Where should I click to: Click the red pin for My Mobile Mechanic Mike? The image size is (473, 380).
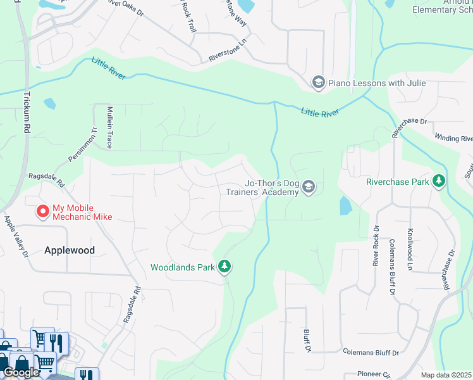(43, 212)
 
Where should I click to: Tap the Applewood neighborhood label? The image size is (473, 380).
(70, 250)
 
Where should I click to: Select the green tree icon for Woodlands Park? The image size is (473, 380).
(224, 267)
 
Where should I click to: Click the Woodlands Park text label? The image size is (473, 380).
(183, 267)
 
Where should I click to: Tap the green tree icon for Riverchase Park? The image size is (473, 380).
(438, 181)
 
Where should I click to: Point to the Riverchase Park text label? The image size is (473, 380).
(397, 181)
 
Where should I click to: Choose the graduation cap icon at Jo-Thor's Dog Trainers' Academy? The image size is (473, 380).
(309, 186)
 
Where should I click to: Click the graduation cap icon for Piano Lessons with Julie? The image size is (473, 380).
(319, 83)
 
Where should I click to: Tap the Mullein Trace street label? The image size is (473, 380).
(109, 127)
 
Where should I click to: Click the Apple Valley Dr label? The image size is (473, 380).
(17, 236)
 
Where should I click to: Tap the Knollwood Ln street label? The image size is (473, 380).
(410, 250)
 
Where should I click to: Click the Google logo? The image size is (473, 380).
(20, 372)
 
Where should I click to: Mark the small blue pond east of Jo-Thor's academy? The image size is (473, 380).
(345, 205)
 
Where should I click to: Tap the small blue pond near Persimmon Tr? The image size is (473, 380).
(49, 103)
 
